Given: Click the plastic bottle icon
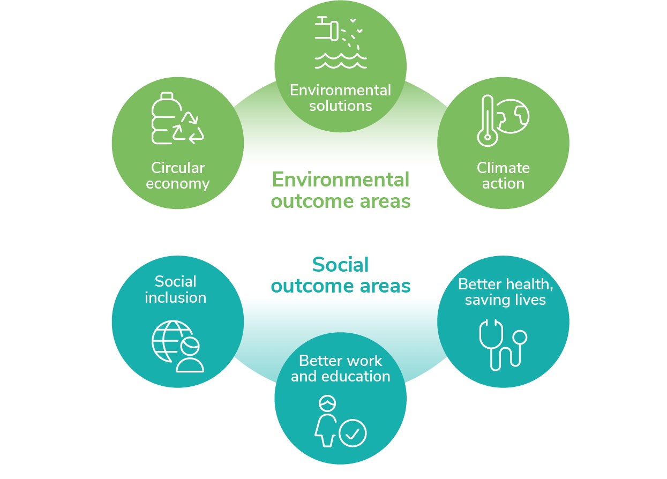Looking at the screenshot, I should click(162, 118).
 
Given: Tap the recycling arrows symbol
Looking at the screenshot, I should click(188, 128).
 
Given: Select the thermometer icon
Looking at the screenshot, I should click(486, 121).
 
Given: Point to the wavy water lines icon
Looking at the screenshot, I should click(340, 60).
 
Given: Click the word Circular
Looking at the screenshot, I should click(178, 168).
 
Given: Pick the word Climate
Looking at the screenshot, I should click(503, 168).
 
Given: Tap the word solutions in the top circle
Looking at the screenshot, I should click(340, 106).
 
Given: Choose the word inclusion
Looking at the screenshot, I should click(176, 297).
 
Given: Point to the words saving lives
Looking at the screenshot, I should click(505, 300).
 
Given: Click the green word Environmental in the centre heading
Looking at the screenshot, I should click(340, 179).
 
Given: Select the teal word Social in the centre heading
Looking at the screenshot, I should click(340, 265).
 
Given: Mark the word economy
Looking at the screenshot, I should click(178, 184).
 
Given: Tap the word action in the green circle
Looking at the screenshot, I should click(503, 184).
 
